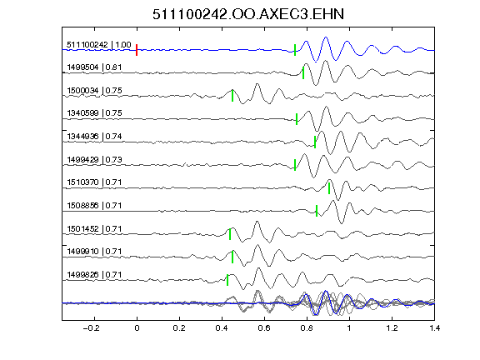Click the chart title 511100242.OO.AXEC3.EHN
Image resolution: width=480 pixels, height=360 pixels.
point(248,14)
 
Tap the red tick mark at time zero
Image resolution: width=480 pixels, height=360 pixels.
point(137,50)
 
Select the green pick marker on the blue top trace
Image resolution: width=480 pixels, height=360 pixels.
point(295,50)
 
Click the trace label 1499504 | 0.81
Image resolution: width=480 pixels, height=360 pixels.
point(94,67)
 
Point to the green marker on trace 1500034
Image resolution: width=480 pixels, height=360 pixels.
point(232,96)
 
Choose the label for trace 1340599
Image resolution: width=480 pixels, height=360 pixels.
point(94,113)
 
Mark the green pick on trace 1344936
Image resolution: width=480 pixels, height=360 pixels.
point(315,142)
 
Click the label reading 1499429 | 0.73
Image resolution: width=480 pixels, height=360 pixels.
point(94,159)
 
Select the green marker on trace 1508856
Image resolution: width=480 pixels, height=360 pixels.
point(317,211)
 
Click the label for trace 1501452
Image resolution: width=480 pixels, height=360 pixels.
point(94,228)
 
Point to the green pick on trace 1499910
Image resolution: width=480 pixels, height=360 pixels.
point(232,257)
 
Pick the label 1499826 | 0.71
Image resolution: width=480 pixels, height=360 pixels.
point(94,275)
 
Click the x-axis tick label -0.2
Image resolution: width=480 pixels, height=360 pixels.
point(92,328)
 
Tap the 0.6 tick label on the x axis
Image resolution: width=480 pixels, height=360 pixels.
point(264,328)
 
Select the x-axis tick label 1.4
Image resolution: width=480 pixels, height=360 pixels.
point(435,328)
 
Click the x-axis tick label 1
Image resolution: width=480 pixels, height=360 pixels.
point(349,328)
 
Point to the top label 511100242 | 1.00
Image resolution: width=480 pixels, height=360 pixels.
point(99,45)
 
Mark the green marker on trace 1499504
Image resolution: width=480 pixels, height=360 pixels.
point(303,72)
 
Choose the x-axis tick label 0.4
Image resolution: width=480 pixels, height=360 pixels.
point(222,328)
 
